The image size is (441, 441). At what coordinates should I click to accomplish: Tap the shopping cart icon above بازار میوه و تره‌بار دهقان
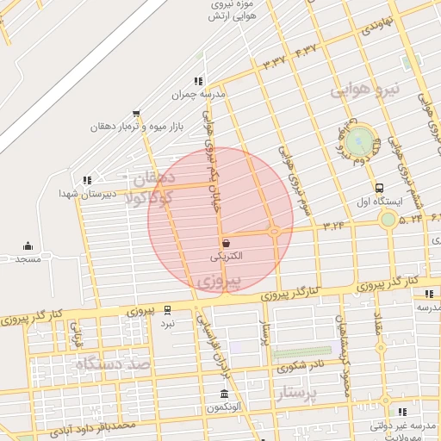pos(136,113)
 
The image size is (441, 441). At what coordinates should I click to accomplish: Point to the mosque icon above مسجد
pos(28,245)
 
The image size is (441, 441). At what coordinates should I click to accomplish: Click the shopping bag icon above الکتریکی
pos(226,244)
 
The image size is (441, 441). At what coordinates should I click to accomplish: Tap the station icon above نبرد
pos(167,310)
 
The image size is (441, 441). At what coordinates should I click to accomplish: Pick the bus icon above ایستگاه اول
pos(379,188)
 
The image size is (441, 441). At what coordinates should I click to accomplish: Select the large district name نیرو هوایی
pos(365,90)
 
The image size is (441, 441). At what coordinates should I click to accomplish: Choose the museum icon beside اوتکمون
pos(224,394)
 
